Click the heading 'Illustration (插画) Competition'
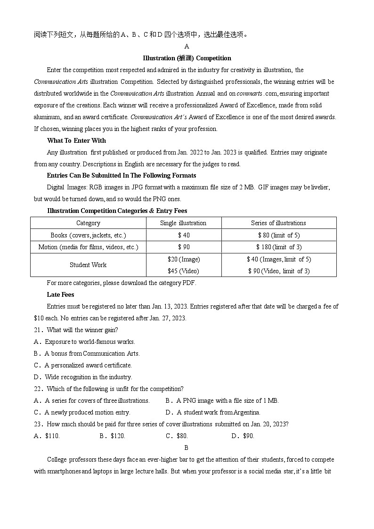click(x=187, y=58)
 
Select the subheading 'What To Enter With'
click(x=76, y=140)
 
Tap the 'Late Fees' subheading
click(x=60, y=294)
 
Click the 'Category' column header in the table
click(x=88, y=223)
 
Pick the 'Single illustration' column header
click(x=183, y=223)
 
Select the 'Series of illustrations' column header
click(x=278, y=223)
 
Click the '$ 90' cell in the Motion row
click(x=184, y=247)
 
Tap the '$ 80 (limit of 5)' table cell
click(x=278, y=235)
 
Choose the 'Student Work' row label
click(x=88, y=265)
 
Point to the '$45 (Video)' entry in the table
click(x=183, y=271)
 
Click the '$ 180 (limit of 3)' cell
click(x=279, y=247)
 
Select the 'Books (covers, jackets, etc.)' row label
click(x=88, y=235)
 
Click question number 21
click(x=38, y=330)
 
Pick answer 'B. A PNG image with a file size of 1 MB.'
click(x=222, y=400)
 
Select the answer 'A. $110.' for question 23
click(x=47, y=436)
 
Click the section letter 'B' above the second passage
click(x=186, y=448)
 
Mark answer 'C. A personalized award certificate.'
click(x=83, y=365)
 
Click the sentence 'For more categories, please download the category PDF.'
click(x=121, y=283)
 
